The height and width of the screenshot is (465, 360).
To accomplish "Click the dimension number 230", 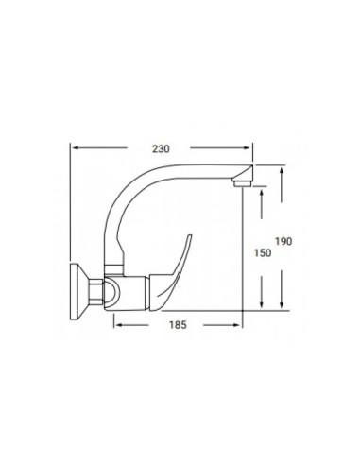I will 163,148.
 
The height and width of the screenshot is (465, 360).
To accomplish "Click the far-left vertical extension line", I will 73,208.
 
